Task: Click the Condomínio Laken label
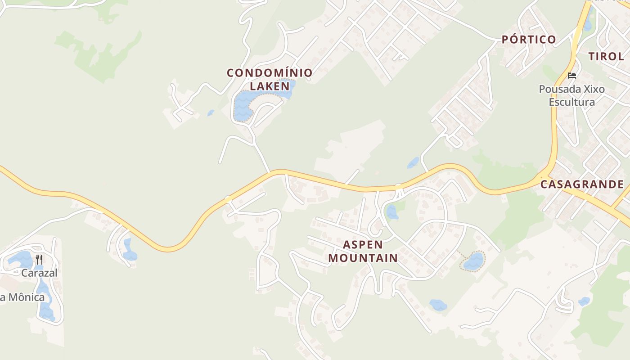click(x=270, y=79)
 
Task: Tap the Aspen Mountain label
click(x=363, y=252)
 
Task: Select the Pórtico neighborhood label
click(x=529, y=40)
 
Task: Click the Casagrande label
click(x=582, y=184)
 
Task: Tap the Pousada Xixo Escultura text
click(x=571, y=95)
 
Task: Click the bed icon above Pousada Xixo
click(x=572, y=75)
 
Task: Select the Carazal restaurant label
click(x=39, y=273)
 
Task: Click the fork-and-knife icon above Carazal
click(x=39, y=260)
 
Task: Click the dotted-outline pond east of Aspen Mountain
click(x=473, y=261)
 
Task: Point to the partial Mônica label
click(x=22, y=297)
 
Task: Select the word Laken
click(x=270, y=86)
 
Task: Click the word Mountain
click(x=363, y=258)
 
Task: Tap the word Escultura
click(x=571, y=102)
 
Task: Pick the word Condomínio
click(x=270, y=73)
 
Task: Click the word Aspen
click(x=363, y=245)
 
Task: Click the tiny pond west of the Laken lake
click(x=211, y=113)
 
